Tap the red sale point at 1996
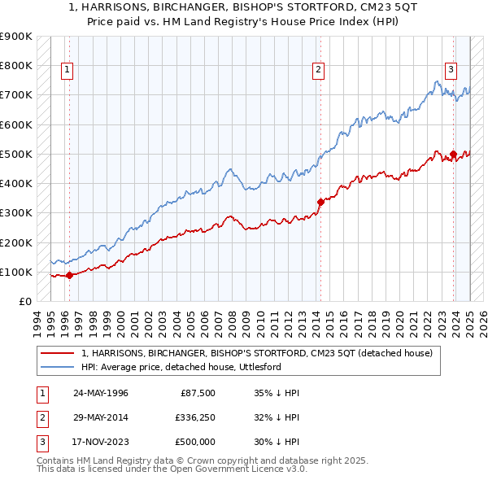coord(69,275)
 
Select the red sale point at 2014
coord(320,201)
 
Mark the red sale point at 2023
coord(453,153)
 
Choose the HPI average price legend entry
coord(181,367)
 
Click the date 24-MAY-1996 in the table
coord(101,393)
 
